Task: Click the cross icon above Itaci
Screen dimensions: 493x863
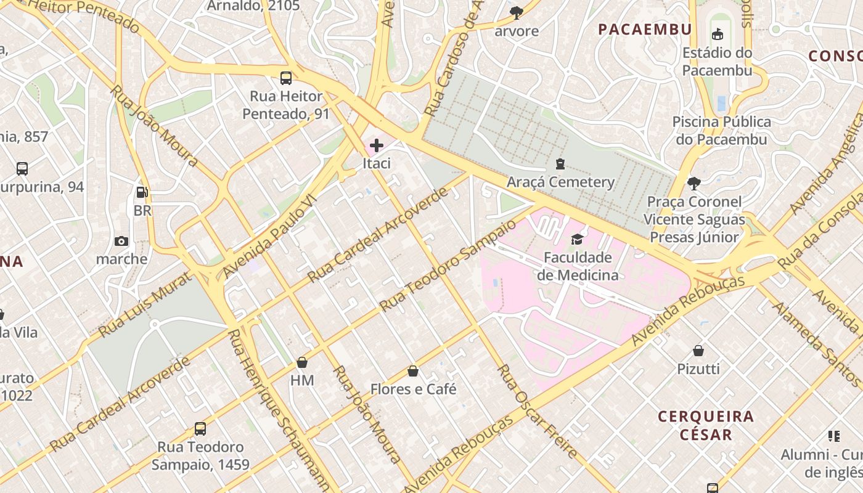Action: click(377, 146)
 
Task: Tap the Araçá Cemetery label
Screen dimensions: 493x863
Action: click(560, 182)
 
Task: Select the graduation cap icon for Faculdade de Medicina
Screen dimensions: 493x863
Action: click(577, 239)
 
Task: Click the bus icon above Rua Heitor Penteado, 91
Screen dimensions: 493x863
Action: click(286, 78)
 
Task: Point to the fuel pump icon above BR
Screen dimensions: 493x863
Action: click(142, 192)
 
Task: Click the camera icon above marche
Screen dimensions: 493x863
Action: click(121, 241)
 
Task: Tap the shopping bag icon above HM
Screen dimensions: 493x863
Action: click(302, 362)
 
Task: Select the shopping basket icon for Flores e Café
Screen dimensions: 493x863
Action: click(413, 371)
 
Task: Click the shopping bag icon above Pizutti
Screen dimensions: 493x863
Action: click(698, 351)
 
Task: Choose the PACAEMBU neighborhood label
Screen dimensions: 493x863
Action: click(645, 29)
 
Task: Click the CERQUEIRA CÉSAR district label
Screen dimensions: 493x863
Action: click(706, 425)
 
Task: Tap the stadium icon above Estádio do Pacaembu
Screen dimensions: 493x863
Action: click(718, 35)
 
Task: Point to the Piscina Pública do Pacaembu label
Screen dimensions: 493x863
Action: click(721, 130)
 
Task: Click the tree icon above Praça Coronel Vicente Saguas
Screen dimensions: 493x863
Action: click(694, 183)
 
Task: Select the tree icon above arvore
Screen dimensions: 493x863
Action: click(517, 12)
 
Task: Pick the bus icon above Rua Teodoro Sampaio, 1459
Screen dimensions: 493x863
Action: click(200, 428)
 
